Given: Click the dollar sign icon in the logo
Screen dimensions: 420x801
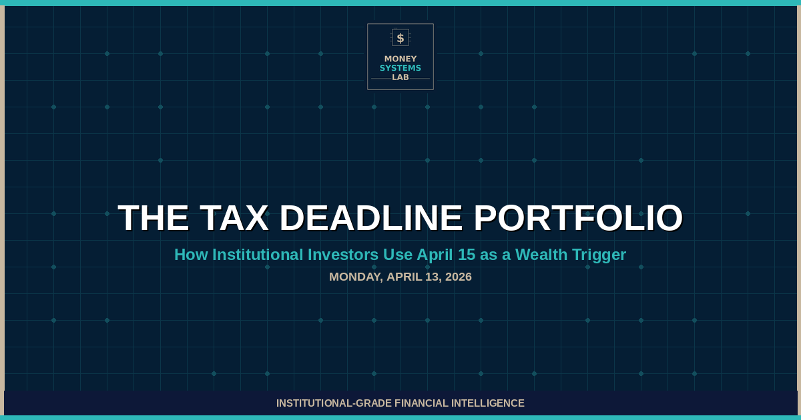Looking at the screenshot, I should point(400,38).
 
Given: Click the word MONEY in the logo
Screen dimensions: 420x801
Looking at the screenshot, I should point(400,59).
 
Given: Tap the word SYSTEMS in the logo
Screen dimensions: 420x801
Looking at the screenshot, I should point(400,68).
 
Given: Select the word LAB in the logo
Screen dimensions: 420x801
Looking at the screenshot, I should point(400,77).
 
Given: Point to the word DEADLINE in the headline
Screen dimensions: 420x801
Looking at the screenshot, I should point(371,218).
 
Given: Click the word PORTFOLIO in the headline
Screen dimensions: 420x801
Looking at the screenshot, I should point(578,218).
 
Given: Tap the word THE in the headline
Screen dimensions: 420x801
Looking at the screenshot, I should point(154,218).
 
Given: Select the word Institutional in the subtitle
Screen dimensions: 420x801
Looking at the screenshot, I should point(257,255).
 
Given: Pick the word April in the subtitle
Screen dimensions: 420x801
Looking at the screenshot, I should point(435,255).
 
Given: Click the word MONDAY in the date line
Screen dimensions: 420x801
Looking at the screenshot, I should point(355,277).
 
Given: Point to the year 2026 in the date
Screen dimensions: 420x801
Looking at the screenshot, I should point(457,277).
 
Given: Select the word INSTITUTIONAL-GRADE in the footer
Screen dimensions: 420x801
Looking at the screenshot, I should point(334,403).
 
